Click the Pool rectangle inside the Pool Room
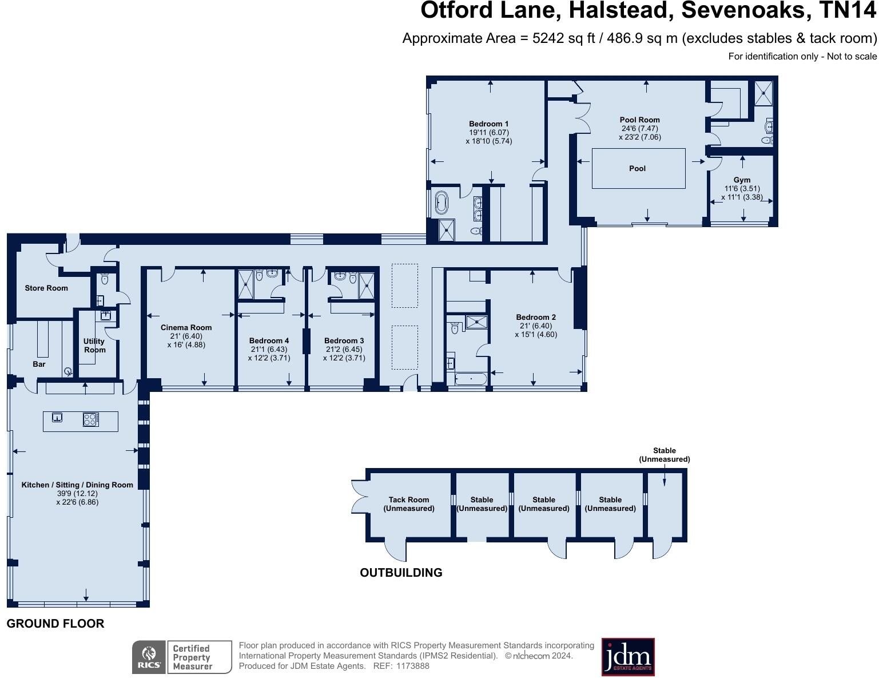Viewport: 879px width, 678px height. point(638,168)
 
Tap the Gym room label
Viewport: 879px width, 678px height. point(742,180)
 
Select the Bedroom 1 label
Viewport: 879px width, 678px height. point(488,124)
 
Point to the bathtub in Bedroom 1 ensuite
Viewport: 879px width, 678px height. point(442,203)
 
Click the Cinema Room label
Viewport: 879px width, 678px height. point(186,327)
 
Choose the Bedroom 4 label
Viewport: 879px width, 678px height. point(269,340)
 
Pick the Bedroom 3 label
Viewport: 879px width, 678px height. point(344,340)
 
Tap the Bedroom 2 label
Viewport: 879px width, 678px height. point(536,317)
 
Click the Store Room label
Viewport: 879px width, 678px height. point(46,288)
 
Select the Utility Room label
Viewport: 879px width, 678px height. point(94,345)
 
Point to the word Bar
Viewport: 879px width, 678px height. point(39,364)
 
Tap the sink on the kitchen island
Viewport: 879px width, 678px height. point(57,417)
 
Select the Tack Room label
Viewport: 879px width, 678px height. point(408,499)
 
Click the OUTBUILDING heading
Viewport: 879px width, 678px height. point(401,572)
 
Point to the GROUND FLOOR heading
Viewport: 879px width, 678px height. point(55,624)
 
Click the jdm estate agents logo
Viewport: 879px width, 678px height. point(628,657)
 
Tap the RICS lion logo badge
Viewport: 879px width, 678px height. point(149,657)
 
